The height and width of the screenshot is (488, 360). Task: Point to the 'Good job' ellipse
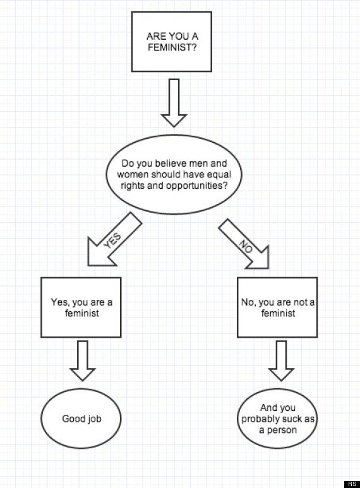pos(81,419)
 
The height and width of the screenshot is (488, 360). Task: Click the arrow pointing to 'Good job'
pos(81,360)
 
